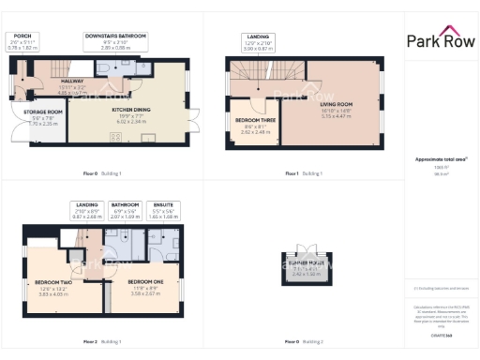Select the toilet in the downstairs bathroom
pyautogui.click(x=101, y=67)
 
